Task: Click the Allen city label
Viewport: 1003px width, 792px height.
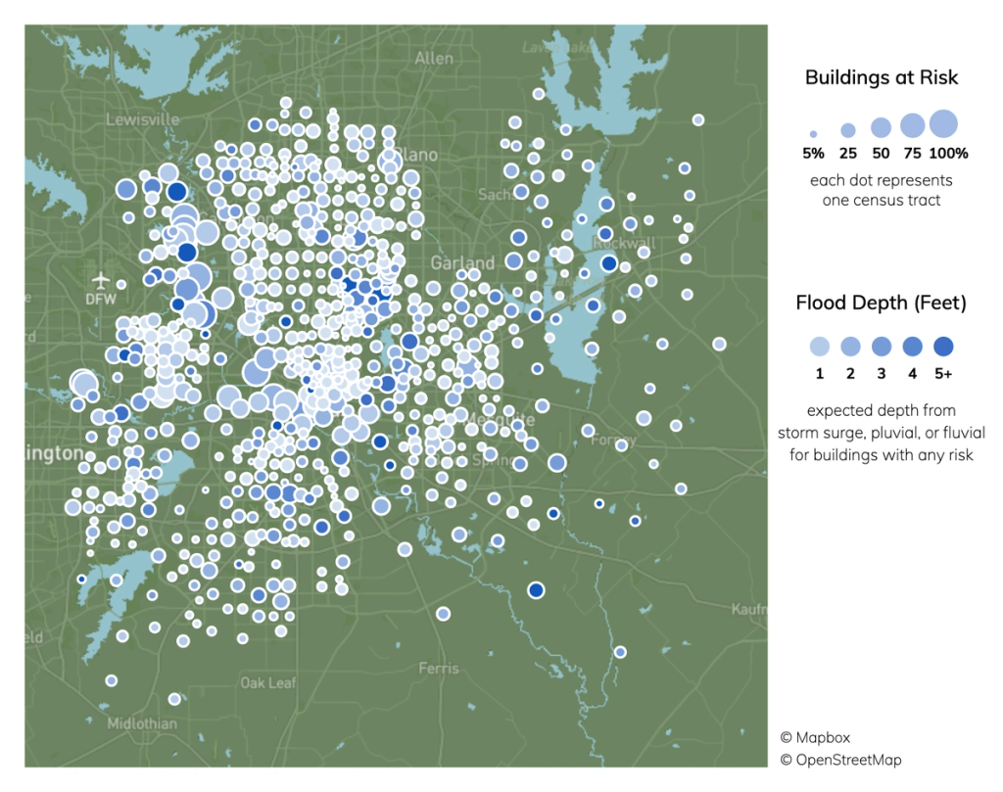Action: click(434, 59)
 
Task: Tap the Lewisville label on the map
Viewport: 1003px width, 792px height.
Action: click(143, 119)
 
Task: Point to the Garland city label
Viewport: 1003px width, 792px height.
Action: click(463, 263)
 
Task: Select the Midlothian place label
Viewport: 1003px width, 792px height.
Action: click(142, 723)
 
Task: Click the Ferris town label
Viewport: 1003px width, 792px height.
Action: click(438, 669)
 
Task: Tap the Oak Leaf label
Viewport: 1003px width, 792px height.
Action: click(267, 683)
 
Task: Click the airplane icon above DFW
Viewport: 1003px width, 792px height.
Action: click(101, 278)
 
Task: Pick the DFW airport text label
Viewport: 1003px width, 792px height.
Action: click(101, 298)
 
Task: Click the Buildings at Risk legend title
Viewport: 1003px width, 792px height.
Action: click(882, 77)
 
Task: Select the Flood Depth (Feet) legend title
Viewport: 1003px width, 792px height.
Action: click(882, 303)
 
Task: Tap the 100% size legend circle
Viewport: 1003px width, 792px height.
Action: click(942, 124)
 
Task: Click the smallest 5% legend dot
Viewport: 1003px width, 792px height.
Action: click(813, 134)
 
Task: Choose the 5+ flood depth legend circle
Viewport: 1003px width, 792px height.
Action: click(944, 346)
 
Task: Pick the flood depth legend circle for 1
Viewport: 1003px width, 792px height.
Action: click(819, 346)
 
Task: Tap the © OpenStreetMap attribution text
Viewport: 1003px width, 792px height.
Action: click(840, 760)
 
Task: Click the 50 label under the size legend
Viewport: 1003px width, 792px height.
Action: click(881, 154)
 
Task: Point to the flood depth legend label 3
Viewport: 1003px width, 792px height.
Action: click(882, 373)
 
